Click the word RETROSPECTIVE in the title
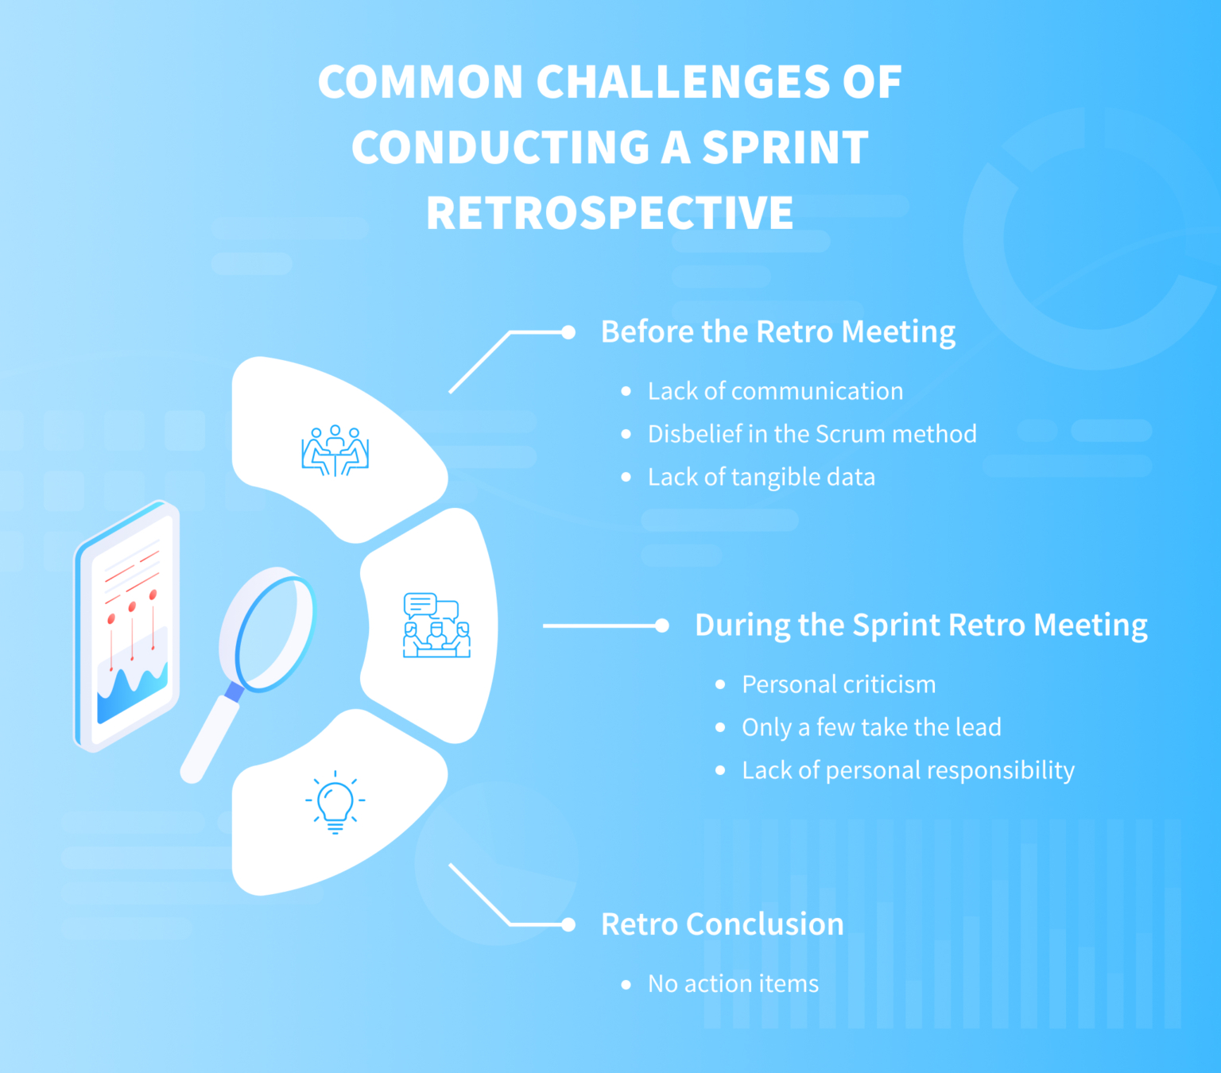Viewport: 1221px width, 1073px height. click(x=610, y=213)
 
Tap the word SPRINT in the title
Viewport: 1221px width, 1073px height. click(x=785, y=148)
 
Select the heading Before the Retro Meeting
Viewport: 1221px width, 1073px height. click(x=777, y=332)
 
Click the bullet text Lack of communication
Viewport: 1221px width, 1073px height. click(x=775, y=391)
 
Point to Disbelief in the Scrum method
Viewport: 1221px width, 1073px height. click(x=812, y=434)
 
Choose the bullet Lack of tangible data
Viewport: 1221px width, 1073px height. click(x=761, y=477)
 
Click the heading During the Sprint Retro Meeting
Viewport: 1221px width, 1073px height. click(x=921, y=626)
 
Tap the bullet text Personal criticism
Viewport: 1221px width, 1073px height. click(x=839, y=684)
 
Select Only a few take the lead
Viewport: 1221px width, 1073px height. click(x=871, y=727)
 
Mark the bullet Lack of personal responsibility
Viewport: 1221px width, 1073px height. click(x=908, y=770)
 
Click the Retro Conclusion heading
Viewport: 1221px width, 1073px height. click(x=722, y=924)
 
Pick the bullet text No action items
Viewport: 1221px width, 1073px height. click(x=733, y=984)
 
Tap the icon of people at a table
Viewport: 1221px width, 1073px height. click(x=335, y=451)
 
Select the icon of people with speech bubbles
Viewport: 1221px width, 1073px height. click(x=436, y=626)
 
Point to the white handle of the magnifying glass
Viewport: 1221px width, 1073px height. click(x=209, y=739)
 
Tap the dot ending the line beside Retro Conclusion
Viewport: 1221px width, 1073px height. click(x=568, y=924)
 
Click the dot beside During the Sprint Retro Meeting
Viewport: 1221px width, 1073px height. click(x=662, y=626)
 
